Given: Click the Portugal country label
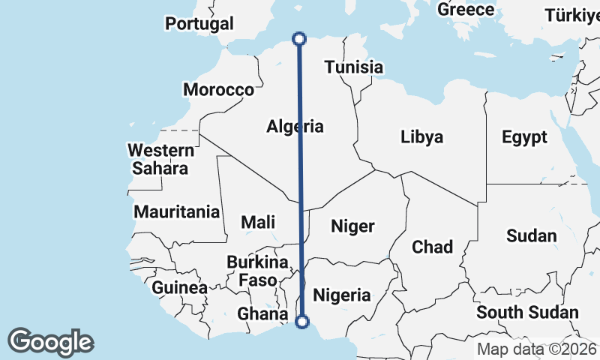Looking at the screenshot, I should click(x=199, y=24).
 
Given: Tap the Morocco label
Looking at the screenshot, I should click(x=219, y=90).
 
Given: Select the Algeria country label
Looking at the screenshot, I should click(x=295, y=127).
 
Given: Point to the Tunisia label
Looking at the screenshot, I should click(x=354, y=67).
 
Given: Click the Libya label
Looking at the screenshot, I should click(x=421, y=137).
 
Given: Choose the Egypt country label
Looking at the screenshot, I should click(x=524, y=137).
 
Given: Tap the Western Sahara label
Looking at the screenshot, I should click(x=160, y=159).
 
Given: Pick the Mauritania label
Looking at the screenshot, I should click(x=177, y=212).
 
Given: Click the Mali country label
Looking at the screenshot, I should click(x=258, y=222).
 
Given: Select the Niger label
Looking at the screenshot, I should click(x=352, y=226).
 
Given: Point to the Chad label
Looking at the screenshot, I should click(x=432, y=247).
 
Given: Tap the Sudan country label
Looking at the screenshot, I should click(x=532, y=236).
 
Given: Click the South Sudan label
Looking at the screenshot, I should click(x=528, y=313).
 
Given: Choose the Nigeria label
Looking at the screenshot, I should click(x=341, y=295).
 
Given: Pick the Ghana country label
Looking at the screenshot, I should click(x=262, y=313).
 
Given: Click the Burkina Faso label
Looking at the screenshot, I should click(x=258, y=271).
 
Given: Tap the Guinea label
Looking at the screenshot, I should click(x=180, y=287).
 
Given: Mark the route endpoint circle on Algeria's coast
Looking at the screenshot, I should click(x=298, y=38).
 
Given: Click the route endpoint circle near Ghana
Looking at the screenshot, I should click(x=302, y=322).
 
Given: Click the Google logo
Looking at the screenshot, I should click(x=50, y=342).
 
